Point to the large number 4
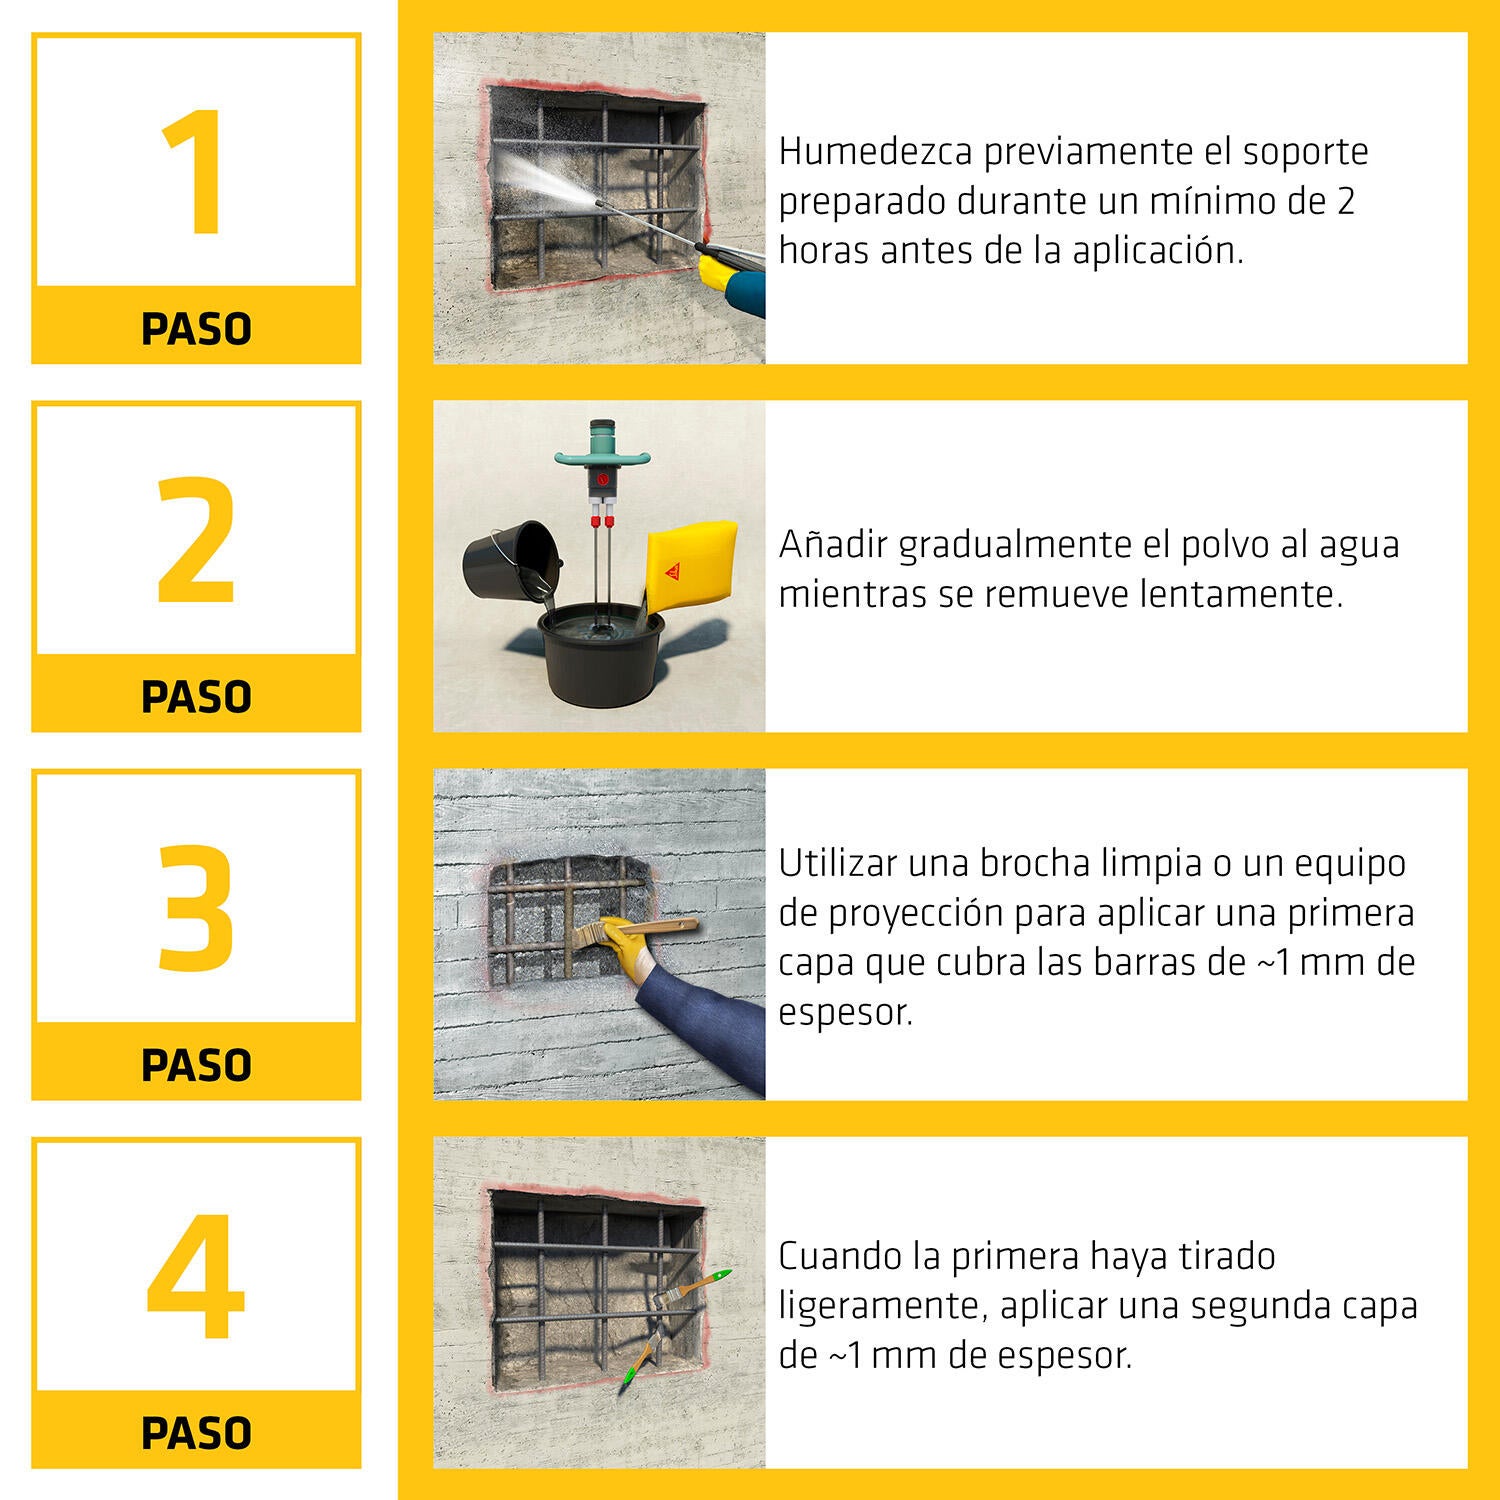click(x=196, y=1277)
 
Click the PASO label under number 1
click(x=196, y=329)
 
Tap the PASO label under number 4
click(x=196, y=1433)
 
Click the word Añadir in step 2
click(x=833, y=545)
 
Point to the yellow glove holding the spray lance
click(x=724, y=270)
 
